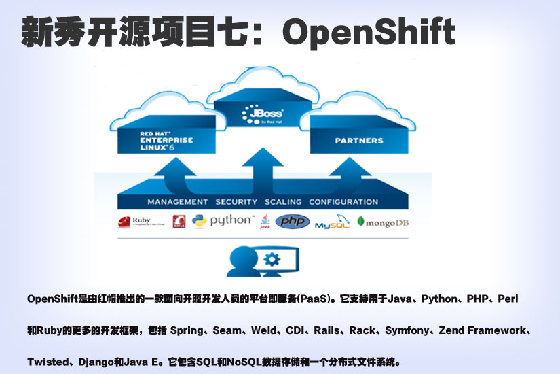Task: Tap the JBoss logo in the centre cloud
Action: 262,114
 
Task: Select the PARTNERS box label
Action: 358,141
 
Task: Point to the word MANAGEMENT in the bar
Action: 178,202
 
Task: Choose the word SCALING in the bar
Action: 283,202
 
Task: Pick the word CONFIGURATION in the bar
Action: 343,202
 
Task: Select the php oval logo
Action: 292,222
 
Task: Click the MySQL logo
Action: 332,223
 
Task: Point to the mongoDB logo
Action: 384,222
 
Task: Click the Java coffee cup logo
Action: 265,222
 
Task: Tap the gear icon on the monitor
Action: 272,258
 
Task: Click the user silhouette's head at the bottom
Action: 241,257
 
